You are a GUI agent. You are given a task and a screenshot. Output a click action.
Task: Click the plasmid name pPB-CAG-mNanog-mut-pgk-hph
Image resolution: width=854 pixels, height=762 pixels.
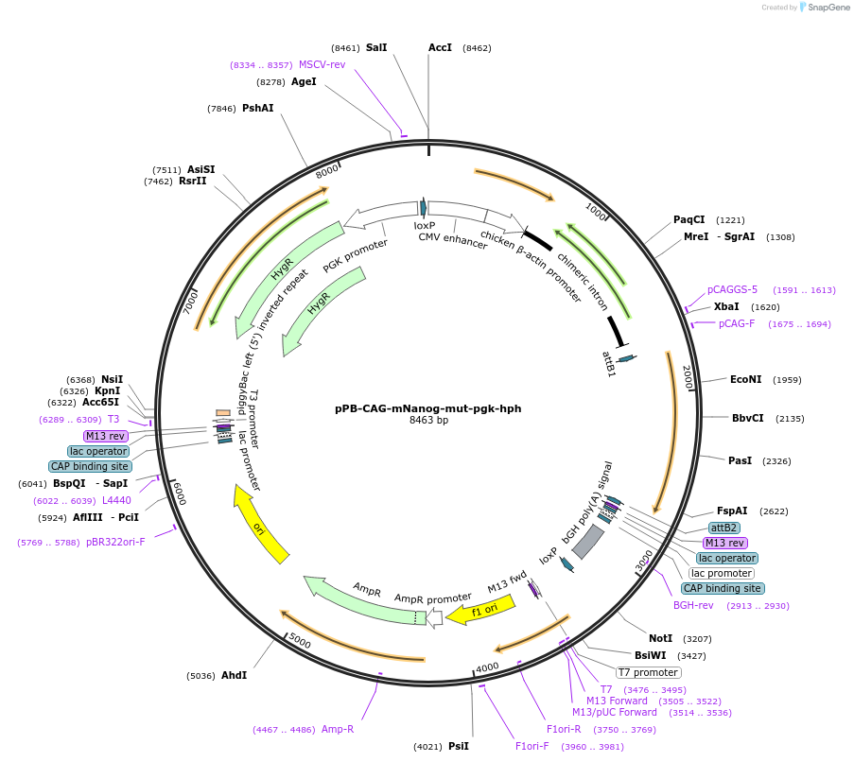(x=427, y=409)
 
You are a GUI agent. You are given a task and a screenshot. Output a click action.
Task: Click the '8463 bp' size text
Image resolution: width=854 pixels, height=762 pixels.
(x=428, y=421)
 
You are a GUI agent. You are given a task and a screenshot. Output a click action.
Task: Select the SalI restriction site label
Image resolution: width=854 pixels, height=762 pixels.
(x=376, y=47)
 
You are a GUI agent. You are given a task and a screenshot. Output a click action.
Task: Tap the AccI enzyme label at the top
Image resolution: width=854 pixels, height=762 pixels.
(x=441, y=47)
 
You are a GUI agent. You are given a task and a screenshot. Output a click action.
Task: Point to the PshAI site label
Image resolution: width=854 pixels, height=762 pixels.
(x=257, y=109)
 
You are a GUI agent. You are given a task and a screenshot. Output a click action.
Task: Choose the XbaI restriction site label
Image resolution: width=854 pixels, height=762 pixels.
(x=726, y=307)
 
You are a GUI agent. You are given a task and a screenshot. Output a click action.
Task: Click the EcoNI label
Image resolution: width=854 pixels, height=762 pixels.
(x=745, y=380)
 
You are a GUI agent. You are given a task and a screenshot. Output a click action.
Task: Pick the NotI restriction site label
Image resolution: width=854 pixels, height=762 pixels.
(x=661, y=638)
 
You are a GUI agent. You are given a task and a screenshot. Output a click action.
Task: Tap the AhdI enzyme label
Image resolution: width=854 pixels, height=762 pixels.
(x=234, y=676)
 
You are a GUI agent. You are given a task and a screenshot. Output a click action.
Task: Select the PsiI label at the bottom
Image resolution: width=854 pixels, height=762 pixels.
(x=459, y=747)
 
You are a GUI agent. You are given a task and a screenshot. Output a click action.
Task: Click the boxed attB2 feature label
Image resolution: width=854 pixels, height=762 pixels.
(x=724, y=528)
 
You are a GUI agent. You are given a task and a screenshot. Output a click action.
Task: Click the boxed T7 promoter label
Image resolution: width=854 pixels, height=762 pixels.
(x=648, y=672)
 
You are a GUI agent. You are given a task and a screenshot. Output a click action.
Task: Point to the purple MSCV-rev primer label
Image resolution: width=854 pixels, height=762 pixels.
(x=322, y=64)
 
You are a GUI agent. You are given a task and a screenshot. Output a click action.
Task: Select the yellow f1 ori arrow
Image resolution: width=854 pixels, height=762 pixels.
(x=489, y=608)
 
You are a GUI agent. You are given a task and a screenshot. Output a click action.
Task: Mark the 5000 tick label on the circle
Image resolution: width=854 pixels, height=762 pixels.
(x=300, y=641)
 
